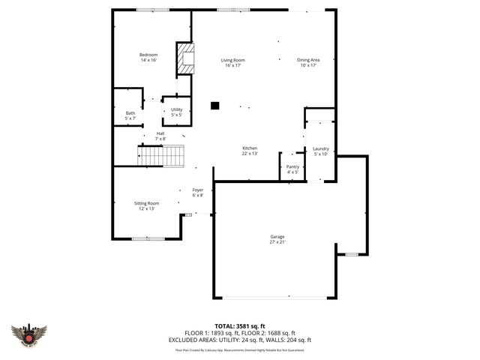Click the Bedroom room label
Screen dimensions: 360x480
click(148, 55)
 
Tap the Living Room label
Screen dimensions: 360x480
click(232, 60)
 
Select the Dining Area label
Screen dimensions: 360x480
click(308, 60)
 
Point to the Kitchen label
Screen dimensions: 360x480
click(250, 148)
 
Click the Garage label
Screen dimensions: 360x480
click(277, 236)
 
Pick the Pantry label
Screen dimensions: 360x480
click(292, 166)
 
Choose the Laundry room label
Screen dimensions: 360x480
click(321, 149)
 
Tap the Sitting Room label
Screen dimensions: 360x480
click(146, 203)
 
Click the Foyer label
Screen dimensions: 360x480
click(198, 190)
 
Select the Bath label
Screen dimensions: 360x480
click(130, 113)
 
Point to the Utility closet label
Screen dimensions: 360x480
click(176, 109)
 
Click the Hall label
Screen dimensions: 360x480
click(160, 133)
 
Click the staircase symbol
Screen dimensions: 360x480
click(160, 156)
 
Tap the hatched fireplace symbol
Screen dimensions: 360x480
click(184, 58)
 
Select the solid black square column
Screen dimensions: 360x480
click(214, 106)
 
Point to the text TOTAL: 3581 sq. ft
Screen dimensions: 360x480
click(240, 326)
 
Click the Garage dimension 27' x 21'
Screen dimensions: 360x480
click(277, 241)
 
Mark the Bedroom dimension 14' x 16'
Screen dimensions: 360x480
click(148, 60)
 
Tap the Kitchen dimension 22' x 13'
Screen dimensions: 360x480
click(250, 154)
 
